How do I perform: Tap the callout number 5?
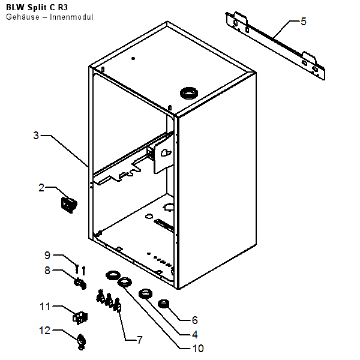click(x=304, y=22)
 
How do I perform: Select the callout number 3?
click(x=36, y=136)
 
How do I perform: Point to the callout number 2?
click(x=41, y=188)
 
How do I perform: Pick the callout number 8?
click(x=47, y=271)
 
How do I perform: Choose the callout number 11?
click(x=46, y=307)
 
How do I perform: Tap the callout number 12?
click(x=46, y=329)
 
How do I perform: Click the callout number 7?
click(x=140, y=340)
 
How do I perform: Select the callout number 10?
click(x=197, y=348)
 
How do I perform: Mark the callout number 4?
click(x=194, y=334)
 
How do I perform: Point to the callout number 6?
click(x=194, y=320)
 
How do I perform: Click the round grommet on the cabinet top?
click(x=189, y=93)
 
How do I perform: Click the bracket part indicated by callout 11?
click(x=79, y=316)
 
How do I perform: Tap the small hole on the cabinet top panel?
click(x=133, y=59)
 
